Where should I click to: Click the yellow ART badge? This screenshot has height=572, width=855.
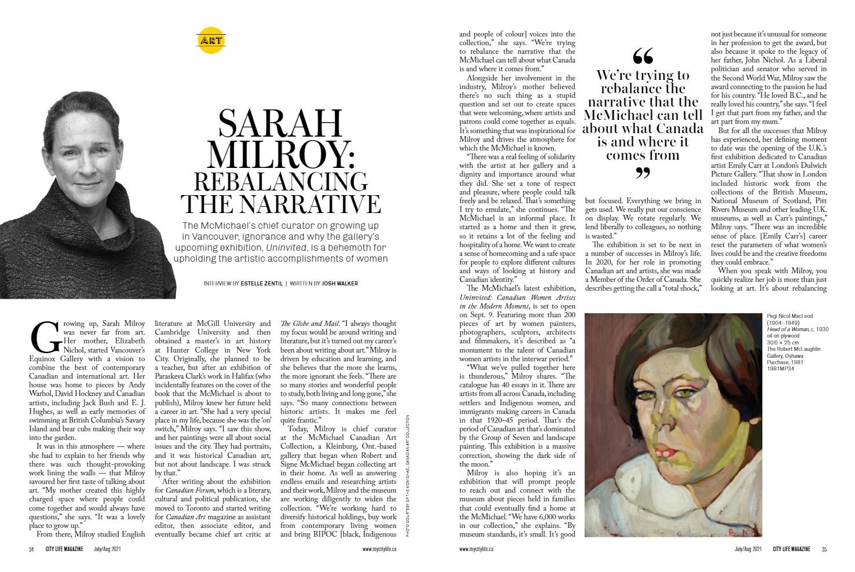(x=211, y=41)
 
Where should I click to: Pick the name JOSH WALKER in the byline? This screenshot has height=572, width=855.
(x=340, y=283)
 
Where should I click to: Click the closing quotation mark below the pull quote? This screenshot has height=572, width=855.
(x=643, y=173)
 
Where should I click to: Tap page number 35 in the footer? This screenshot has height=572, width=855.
(x=823, y=549)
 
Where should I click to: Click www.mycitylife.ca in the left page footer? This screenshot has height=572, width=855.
(x=379, y=549)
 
